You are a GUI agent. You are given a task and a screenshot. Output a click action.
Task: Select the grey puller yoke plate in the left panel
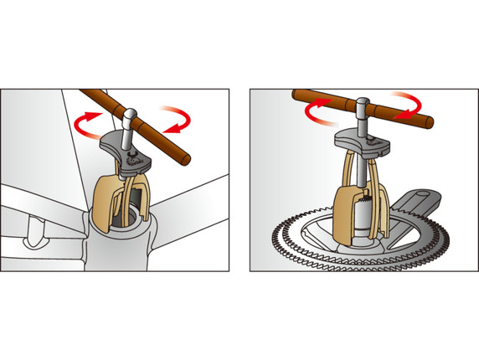coord(126,155)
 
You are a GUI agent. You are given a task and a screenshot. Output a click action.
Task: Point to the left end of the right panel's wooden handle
coord(296,95)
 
